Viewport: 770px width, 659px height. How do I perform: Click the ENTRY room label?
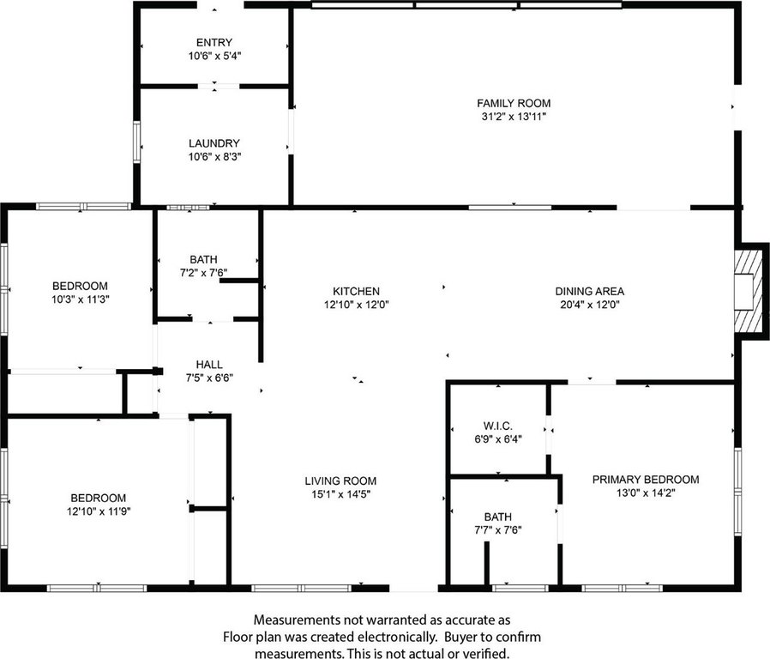click(x=214, y=43)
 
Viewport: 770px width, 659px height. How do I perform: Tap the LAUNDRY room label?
click(x=214, y=143)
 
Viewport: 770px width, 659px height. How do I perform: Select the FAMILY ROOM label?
click(x=514, y=103)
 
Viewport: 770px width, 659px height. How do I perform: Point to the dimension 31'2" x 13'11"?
click(x=514, y=116)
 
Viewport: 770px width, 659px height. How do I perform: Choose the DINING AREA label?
click(x=589, y=292)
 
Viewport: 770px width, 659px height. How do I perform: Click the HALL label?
click(x=208, y=365)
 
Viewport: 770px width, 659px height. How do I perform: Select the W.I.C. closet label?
click(x=497, y=426)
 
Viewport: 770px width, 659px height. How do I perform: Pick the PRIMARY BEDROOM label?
click(x=646, y=480)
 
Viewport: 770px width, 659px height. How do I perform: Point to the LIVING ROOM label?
click(x=340, y=481)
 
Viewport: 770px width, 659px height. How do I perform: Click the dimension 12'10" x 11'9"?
click(x=99, y=511)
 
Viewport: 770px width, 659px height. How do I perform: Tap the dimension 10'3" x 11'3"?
click(x=81, y=299)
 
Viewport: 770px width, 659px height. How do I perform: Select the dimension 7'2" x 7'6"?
click(x=203, y=272)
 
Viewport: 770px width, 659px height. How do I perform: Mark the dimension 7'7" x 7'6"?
click(x=497, y=529)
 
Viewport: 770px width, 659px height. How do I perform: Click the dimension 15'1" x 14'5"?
click(x=340, y=493)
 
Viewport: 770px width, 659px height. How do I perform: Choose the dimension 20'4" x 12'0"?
click(x=589, y=304)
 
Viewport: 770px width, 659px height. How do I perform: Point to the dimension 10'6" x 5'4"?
click(x=214, y=56)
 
